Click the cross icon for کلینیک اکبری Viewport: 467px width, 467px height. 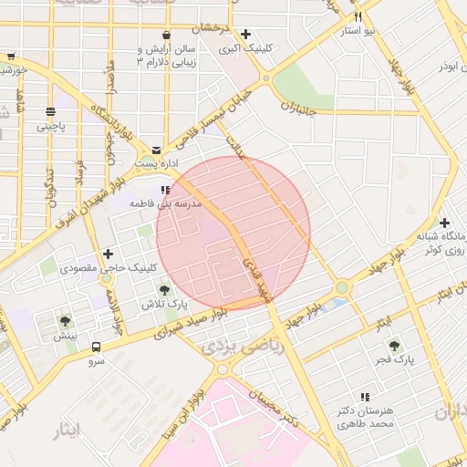tap(245, 34)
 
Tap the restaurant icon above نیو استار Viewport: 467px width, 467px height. tap(358, 17)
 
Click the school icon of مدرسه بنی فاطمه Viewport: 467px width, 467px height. tap(164, 190)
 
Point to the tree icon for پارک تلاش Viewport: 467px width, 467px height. tap(164, 289)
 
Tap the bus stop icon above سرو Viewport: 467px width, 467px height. tap(96, 347)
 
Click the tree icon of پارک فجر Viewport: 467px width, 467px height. tap(394, 346)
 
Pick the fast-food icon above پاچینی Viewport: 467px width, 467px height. tap(49, 112)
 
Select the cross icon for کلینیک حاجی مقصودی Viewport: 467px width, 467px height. tap(109, 254)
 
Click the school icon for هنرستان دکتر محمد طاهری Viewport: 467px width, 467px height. tap(365, 397)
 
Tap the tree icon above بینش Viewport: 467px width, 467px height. tap(65, 321)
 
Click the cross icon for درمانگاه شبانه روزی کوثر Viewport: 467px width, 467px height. tap(444, 223)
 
